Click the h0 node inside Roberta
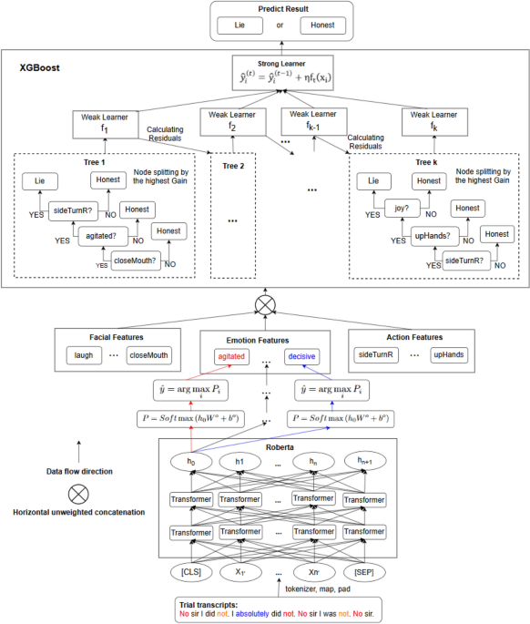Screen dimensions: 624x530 [x=190, y=461]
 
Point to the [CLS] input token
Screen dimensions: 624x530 [x=190, y=573]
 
